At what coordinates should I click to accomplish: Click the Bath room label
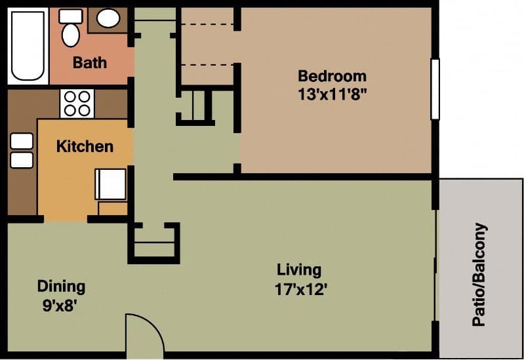pos(90,64)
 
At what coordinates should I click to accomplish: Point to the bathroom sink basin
pos(108,18)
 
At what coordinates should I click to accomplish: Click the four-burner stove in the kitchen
pos(77,103)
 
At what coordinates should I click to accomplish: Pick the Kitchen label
pos(85,146)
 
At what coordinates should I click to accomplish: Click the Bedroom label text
pos(332,75)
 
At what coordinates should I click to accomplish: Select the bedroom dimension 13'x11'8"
pos(332,94)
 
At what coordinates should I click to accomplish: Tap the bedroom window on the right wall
pos(434,89)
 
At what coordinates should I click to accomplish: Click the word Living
pos(299,270)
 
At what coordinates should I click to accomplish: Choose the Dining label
pos(61,287)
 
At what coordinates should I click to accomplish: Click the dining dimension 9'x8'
pos(61,305)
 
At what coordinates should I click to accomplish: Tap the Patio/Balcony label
pos(481,275)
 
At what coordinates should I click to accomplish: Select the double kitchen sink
pos(22,150)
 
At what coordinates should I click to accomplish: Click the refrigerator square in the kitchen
pos(111,184)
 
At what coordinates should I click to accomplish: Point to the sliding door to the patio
pos(435,266)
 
